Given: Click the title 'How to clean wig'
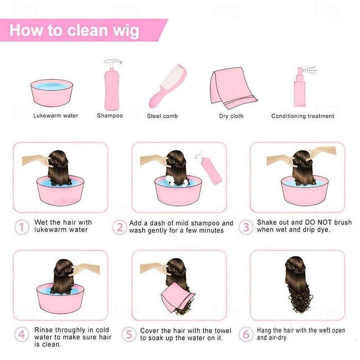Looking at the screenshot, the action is point(74,30).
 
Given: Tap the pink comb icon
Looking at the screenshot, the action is point(167,87).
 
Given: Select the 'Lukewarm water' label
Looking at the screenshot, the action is point(56,116).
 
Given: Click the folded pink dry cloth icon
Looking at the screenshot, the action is point(233,88).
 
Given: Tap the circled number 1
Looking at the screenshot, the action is point(22,227).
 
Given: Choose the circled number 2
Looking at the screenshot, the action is point(120,227).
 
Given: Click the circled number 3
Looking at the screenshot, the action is point(246,227).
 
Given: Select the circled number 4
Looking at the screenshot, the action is point(22,334).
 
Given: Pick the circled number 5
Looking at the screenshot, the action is point(129,334).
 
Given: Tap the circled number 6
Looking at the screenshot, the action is point(246,334).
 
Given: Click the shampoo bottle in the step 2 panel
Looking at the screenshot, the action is point(208,168).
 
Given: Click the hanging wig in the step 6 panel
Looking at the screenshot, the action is point(298,285).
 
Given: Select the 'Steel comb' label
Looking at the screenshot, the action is point(162,116).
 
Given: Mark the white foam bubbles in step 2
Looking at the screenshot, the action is point(177,181).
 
